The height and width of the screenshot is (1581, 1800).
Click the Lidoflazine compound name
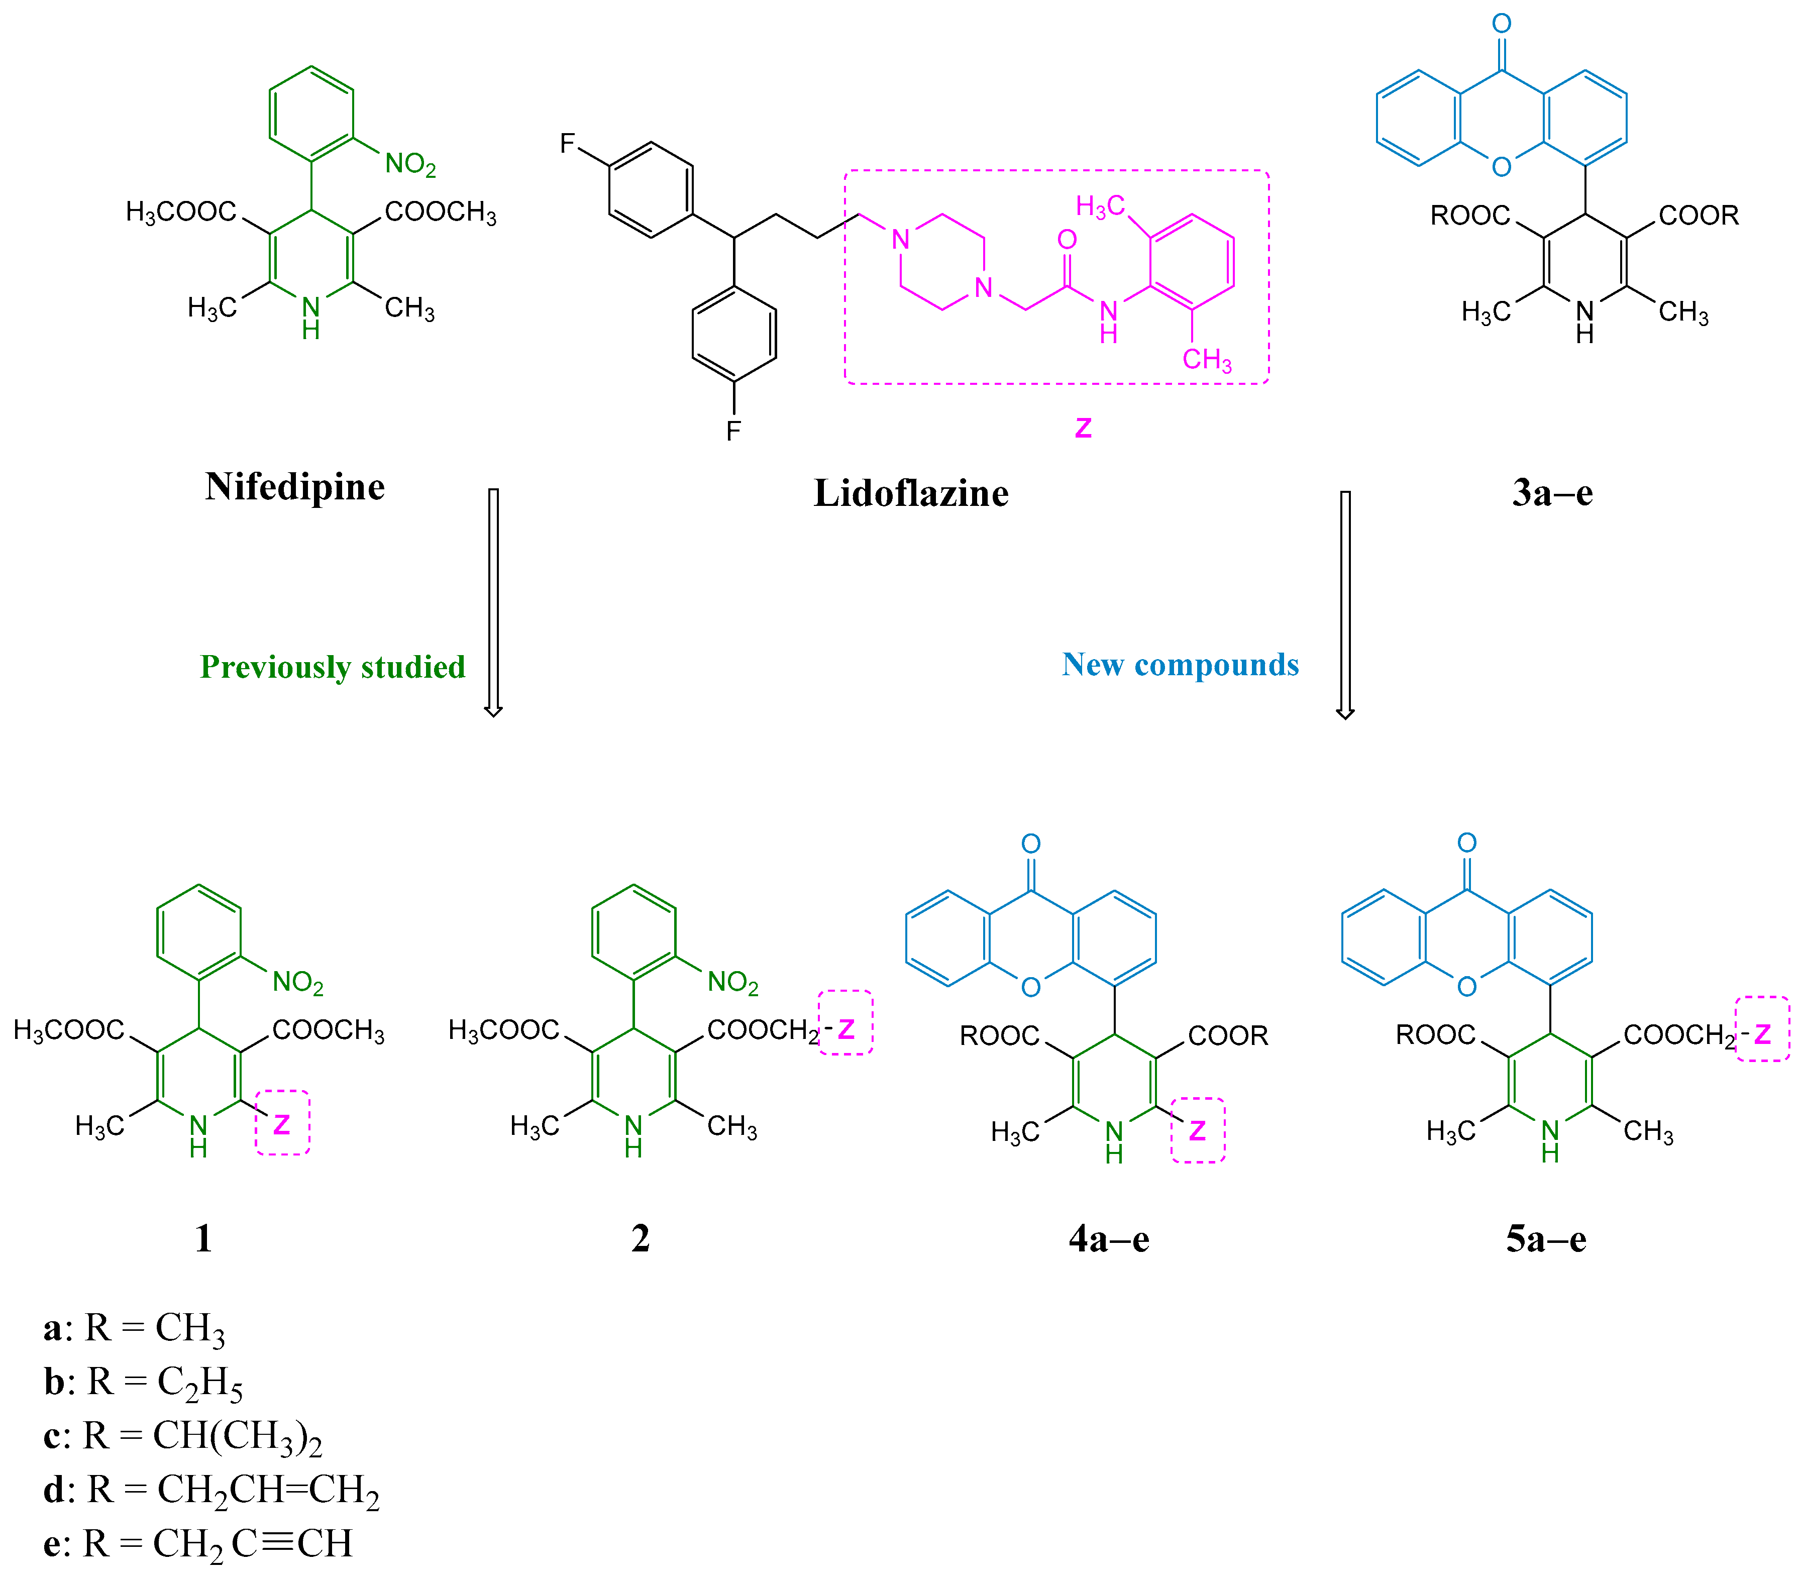click(911, 493)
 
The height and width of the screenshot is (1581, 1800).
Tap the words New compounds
click(1180, 664)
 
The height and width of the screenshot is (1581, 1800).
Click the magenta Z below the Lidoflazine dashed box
click(1083, 428)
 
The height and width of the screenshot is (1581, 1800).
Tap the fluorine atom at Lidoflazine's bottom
click(733, 431)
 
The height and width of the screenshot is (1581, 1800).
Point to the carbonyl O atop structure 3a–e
click(1502, 24)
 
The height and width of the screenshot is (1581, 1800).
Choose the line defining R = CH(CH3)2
click(183, 1436)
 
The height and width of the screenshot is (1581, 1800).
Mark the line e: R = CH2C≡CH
click(198, 1543)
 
